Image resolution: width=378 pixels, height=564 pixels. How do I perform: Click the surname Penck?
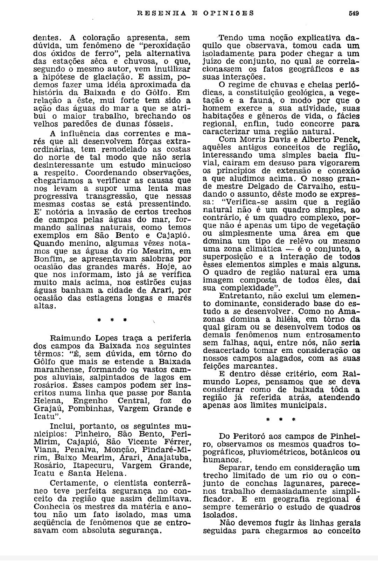[x=348, y=140]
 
